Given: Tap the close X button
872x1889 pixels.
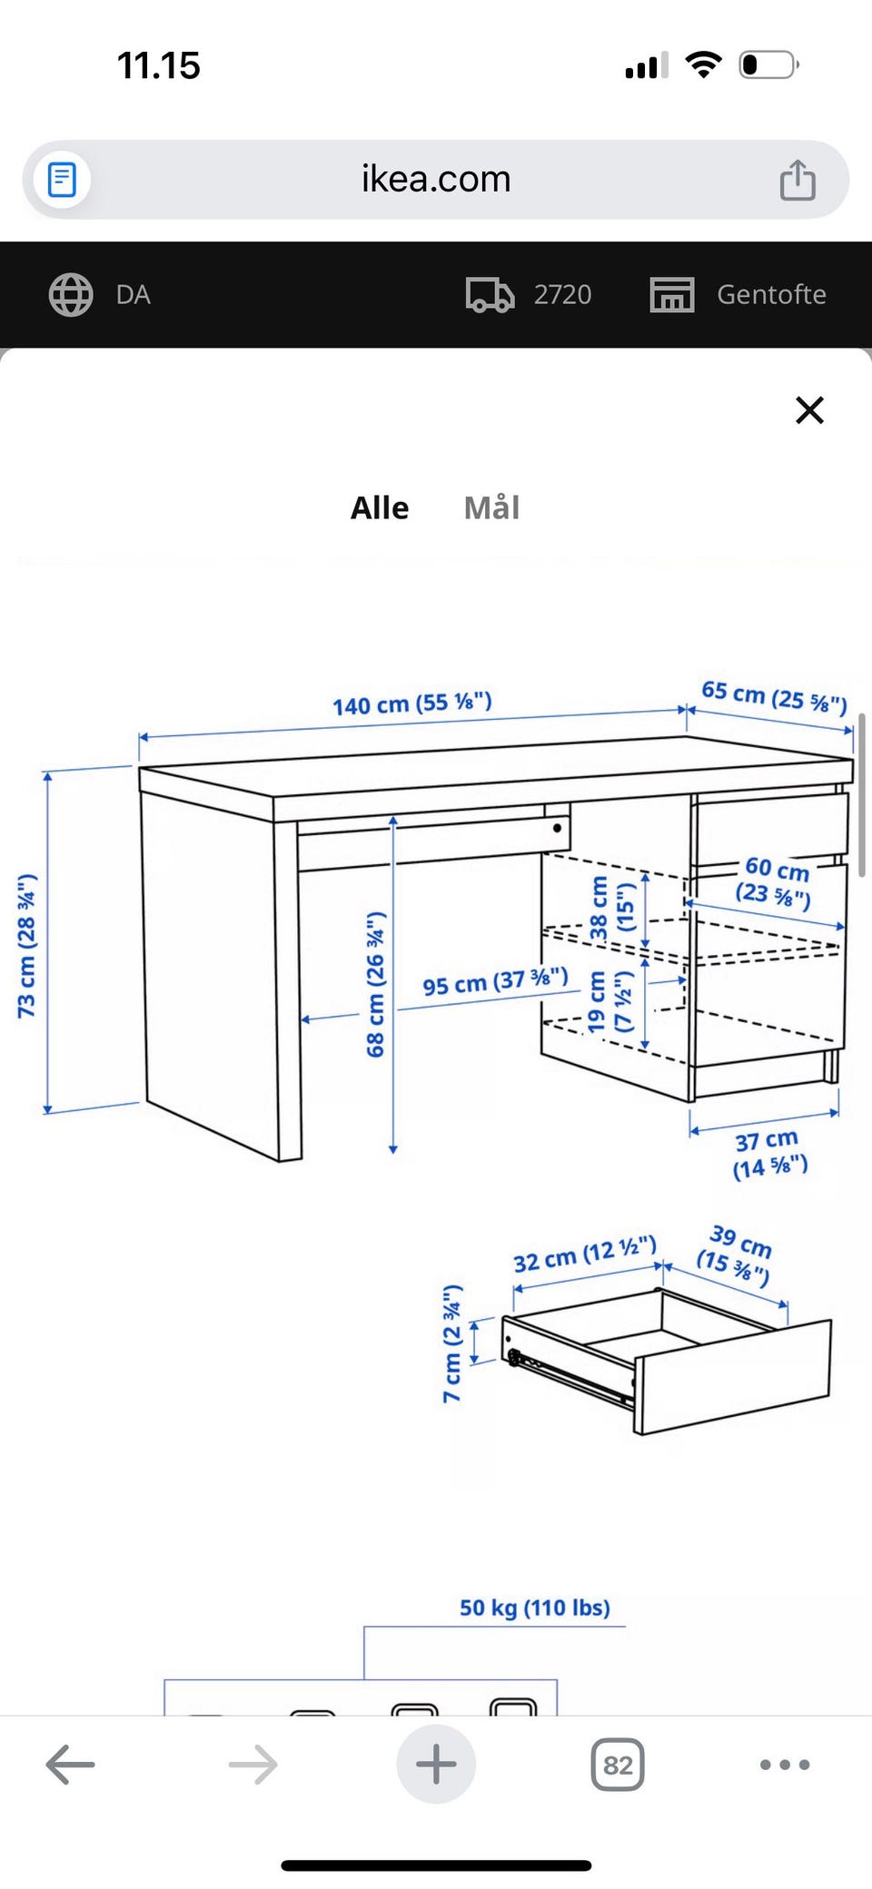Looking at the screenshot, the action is coord(809,410).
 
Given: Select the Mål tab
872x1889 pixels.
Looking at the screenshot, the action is coord(491,507).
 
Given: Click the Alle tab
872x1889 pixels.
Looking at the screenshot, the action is coord(380,507).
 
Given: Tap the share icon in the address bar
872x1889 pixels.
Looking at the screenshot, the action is coord(798,179).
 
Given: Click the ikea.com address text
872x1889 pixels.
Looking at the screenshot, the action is coord(436,179).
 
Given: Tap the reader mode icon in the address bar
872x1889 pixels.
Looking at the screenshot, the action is coord(62,179).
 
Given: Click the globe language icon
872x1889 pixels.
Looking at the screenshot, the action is coord(71,294).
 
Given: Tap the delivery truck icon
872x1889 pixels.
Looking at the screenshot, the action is coord(490,294).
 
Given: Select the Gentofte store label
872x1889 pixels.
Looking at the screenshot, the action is coord(771,294).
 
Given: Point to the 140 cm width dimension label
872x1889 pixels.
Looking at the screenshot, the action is coord(411,703).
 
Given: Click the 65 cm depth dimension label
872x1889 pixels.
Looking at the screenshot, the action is coord(774,697).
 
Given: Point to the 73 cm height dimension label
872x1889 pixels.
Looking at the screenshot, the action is coord(27,946).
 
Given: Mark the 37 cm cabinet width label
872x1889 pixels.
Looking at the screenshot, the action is coord(769,1153).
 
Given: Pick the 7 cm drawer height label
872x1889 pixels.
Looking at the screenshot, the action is coord(451,1343).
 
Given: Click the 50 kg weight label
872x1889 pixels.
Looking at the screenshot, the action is coord(534,1608).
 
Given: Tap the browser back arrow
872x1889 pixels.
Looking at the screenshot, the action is coord(70,1765).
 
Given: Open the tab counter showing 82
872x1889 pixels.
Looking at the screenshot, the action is coord(618,1765).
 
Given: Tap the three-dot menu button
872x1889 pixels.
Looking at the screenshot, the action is coord(785,1765).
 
